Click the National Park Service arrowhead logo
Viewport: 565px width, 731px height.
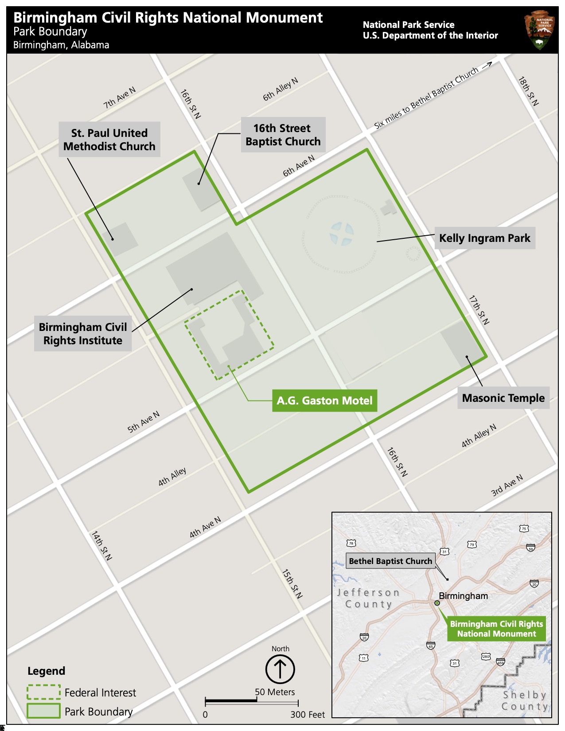pos(540,30)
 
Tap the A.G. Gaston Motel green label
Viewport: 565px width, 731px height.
pos(324,400)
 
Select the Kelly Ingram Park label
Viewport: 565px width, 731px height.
pos(484,238)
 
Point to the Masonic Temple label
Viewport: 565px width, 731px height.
pos(503,398)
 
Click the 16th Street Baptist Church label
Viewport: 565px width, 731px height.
pos(283,135)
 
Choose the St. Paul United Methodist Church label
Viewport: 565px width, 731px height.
pos(109,140)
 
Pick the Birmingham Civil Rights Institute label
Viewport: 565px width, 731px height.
pos(83,334)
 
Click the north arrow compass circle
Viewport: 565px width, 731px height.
pos(280,669)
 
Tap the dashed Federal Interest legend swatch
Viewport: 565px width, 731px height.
pos(43,692)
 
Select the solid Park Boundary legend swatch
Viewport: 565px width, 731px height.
pos(43,711)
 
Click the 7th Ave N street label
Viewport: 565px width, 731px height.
pos(119,98)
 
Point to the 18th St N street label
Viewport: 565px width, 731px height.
pos(528,91)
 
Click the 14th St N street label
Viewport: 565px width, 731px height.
pos(101,545)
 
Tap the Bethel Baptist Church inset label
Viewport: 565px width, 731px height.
pos(390,561)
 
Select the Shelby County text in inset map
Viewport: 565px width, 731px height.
pos(525,700)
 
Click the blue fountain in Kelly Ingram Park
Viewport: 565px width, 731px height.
pos(342,234)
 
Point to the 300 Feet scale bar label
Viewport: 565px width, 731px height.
pos(308,715)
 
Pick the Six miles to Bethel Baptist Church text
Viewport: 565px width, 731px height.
pos(426,98)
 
